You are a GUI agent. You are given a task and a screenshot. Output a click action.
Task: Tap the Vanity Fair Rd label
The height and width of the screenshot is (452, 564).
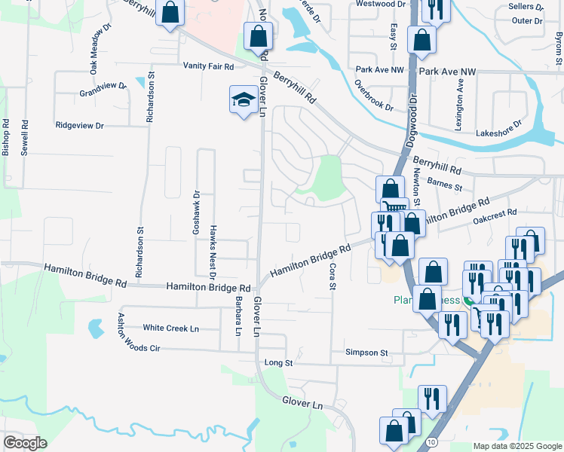(209, 66)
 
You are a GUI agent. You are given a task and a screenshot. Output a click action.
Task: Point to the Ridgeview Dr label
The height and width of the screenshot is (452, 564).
(79, 125)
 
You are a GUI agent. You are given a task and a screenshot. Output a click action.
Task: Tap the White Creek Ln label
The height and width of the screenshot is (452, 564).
(171, 328)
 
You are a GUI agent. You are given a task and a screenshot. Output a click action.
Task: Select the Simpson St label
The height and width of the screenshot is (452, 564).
(366, 353)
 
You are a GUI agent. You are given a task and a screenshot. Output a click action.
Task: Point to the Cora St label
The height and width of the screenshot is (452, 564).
(332, 276)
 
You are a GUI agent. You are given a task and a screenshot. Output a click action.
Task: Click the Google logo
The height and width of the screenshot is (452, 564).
(25, 442)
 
